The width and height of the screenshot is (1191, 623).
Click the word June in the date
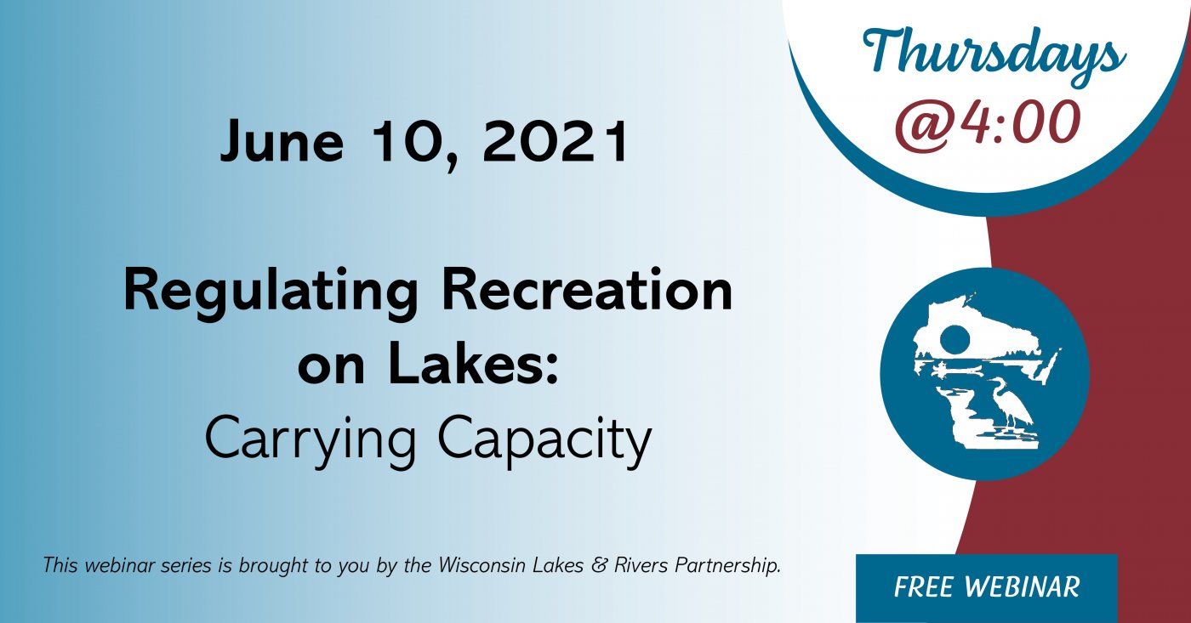282,141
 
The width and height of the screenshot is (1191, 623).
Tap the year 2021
555,141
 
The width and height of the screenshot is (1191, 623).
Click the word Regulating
271,294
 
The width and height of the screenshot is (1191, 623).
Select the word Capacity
545,441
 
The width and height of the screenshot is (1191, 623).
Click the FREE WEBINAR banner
986,588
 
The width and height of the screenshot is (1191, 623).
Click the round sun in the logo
955,339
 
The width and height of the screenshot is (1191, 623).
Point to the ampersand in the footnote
599,565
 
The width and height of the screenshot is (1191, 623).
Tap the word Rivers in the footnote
641,565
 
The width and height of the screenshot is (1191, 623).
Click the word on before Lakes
331,367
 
